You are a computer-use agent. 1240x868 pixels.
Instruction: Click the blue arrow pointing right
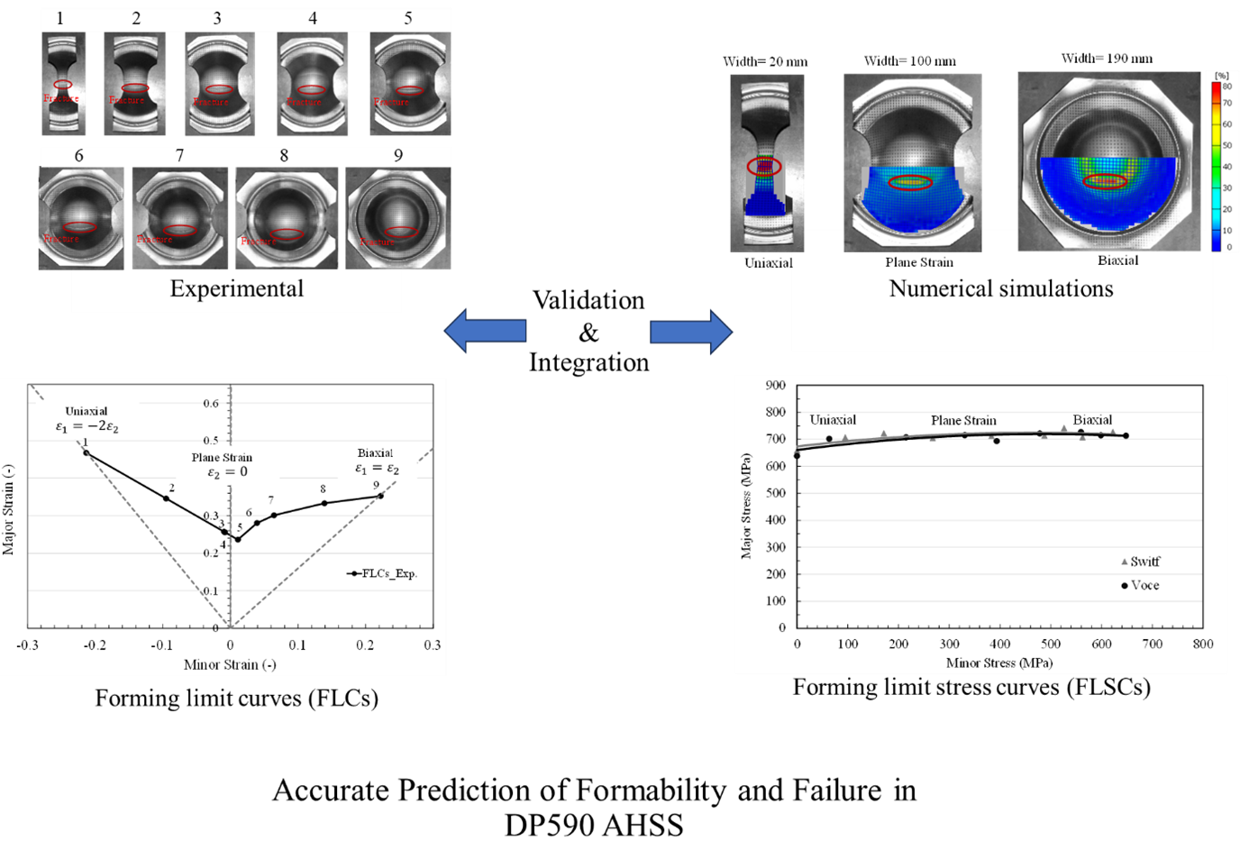coord(691,332)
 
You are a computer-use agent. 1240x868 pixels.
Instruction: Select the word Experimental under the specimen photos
coord(237,288)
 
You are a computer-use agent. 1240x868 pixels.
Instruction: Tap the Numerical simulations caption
coord(1000,288)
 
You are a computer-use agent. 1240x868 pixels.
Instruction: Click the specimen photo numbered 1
coord(63,84)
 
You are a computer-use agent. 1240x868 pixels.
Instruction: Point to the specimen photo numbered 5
coord(410,84)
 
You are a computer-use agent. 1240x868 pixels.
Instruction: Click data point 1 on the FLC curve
coord(87,452)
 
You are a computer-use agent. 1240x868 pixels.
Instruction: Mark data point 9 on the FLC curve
coord(380,496)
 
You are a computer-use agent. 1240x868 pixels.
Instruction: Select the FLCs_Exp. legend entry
coord(383,573)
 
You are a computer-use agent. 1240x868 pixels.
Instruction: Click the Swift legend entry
coord(1140,562)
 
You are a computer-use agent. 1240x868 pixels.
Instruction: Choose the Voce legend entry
coord(1140,586)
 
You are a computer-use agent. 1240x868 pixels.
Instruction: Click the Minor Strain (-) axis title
coord(230,665)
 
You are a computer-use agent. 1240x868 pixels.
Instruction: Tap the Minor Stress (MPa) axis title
coord(998,663)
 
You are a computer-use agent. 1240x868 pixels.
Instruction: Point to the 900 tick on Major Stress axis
coord(775,386)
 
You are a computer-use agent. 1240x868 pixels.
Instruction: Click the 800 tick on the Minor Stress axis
coord(1202,644)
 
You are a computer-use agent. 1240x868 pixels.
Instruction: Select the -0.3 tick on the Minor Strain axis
coord(28,645)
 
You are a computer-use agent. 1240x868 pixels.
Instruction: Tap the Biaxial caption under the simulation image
coord(1117,260)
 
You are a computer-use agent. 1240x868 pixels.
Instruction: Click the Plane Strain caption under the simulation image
coord(918,262)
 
